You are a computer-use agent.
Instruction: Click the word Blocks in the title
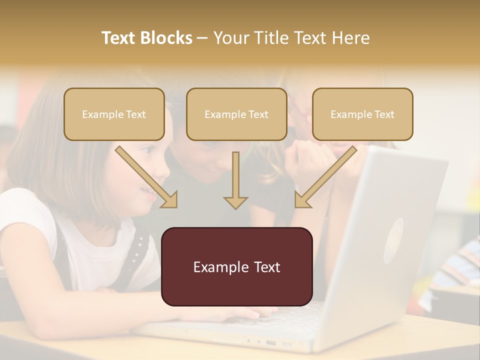166,38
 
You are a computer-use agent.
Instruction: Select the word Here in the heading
348,38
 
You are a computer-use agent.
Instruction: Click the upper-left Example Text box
114,114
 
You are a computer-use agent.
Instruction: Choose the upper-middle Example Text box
236,114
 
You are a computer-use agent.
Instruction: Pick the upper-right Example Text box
362,114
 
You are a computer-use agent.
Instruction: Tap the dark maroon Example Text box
237,266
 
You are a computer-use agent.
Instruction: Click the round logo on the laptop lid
393,239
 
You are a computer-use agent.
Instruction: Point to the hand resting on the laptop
240,313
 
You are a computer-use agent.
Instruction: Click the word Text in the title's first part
120,38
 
